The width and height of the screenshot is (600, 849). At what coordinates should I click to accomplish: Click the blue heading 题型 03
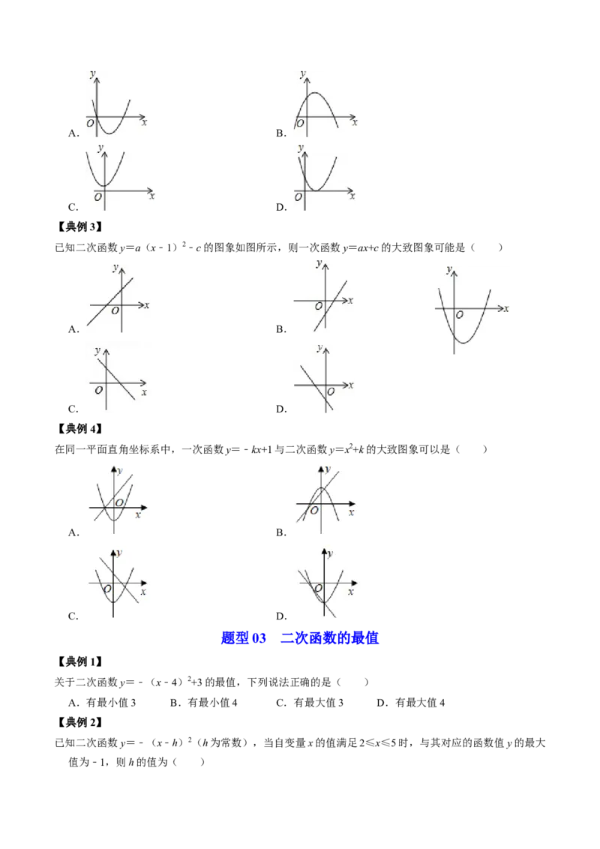[x=244, y=637]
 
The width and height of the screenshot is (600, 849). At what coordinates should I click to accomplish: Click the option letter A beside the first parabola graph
[x=73, y=133]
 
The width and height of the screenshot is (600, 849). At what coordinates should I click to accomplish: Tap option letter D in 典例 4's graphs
[x=281, y=616]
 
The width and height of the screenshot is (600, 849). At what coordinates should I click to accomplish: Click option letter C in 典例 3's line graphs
[x=73, y=409]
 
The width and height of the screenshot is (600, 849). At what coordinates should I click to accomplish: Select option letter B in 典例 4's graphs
[x=281, y=532]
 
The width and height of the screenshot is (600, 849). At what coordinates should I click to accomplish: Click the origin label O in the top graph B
[x=301, y=124]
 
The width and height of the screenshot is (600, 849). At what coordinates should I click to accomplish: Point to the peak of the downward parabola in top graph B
[x=316, y=93]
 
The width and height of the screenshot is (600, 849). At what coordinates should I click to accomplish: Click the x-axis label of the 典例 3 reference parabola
[x=506, y=309]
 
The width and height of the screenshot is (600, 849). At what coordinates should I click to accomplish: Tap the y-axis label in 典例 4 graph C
[x=119, y=553]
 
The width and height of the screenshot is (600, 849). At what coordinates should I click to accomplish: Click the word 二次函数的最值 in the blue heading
[x=329, y=637]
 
